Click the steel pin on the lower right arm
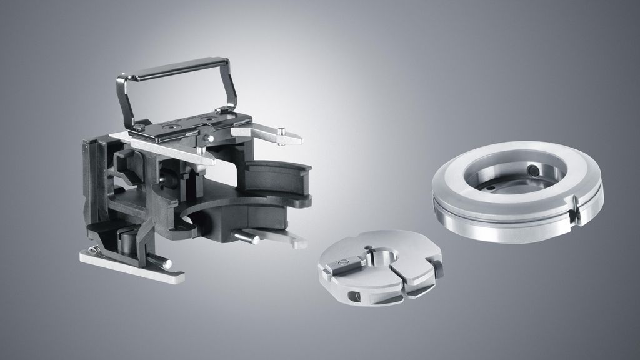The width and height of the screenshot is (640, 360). pyautogui.click(x=247, y=236)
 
